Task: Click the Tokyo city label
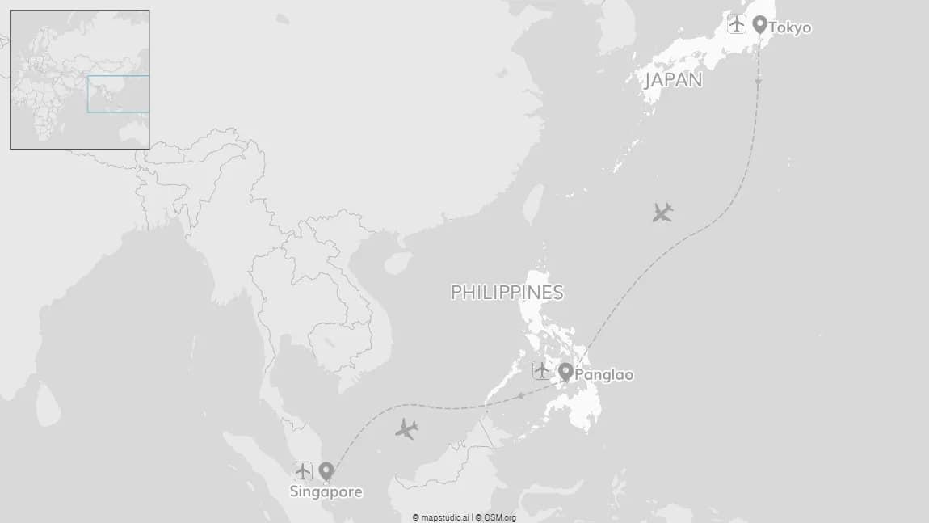point(789,28)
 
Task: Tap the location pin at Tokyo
point(759,24)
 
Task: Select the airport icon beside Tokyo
point(736,24)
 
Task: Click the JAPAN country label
point(673,80)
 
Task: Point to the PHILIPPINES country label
point(507,293)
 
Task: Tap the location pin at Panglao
point(565,372)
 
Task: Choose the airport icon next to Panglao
point(541,371)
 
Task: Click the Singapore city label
point(326,491)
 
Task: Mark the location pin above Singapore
point(326,471)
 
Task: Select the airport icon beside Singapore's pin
point(303,470)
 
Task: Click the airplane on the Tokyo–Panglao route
point(662,213)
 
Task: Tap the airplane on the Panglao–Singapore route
point(406,429)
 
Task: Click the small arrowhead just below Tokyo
point(759,81)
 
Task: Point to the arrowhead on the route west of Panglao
point(521,395)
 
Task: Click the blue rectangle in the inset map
point(118,94)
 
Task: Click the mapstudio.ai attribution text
point(440,517)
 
